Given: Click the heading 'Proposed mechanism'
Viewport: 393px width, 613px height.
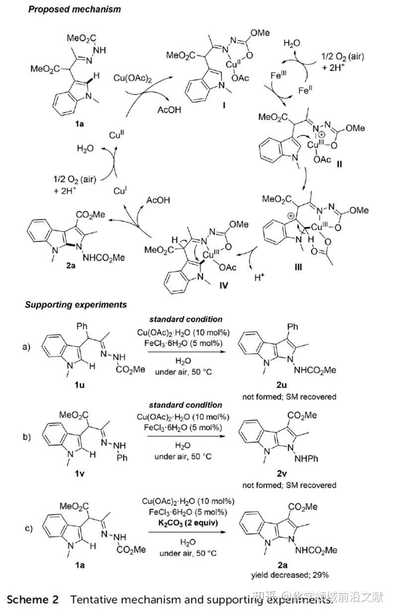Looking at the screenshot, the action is pyautogui.click(x=75, y=9).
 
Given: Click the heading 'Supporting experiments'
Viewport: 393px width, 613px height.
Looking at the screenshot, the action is pyautogui.click(x=76, y=305).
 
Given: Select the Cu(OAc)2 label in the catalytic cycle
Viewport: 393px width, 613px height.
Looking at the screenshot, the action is pyautogui.click(x=132, y=78).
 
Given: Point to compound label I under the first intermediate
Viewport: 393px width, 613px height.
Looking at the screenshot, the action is pyautogui.click(x=224, y=105).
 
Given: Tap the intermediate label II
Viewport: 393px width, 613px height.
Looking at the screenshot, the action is pyautogui.click(x=339, y=164).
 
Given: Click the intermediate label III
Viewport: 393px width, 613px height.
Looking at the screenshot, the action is pyautogui.click(x=298, y=267).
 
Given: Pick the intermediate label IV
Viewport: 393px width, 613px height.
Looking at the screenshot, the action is pyautogui.click(x=224, y=286).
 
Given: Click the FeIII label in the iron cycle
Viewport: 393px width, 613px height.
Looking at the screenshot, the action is pyautogui.click(x=278, y=75).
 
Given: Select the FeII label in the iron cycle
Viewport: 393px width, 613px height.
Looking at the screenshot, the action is pyautogui.click(x=305, y=90).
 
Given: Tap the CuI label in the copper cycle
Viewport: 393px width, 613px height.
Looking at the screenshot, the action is pyautogui.click(x=120, y=190).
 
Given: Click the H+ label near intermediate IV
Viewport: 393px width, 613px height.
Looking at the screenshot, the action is pyautogui.click(x=259, y=278).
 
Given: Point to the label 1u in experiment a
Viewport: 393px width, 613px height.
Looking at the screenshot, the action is pyautogui.click(x=79, y=385).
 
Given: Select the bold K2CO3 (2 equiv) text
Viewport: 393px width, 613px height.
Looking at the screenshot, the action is pyautogui.click(x=188, y=523).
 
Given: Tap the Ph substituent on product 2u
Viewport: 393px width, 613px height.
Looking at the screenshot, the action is pyautogui.click(x=293, y=326).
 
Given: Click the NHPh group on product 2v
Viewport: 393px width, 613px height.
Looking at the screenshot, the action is pyautogui.click(x=306, y=459).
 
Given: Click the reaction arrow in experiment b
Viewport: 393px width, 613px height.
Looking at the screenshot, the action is pyautogui.click(x=186, y=436).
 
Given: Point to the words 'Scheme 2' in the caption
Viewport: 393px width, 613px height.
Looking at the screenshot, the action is pyautogui.click(x=33, y=599).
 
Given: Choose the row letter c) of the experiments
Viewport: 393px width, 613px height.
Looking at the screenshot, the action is pyautogui.click(x=28, y=528).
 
